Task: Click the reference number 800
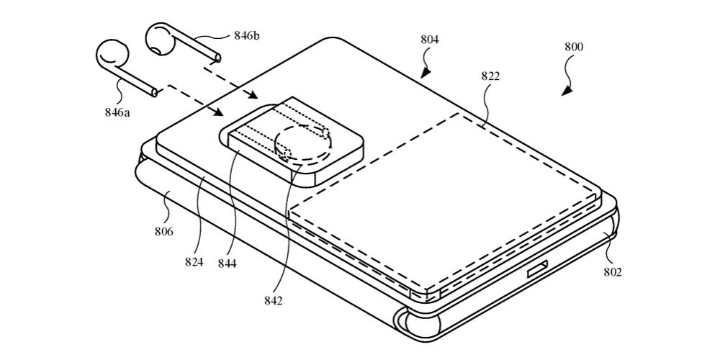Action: [x=574, y=47]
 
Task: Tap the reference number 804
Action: [x=430, y=40]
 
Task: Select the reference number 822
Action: [x=491, y=76]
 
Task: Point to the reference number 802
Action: [x=613, y=271]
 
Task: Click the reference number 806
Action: [x=163, y=232]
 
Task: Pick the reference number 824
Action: [x=193, y=263]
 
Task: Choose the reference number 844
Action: [x=228, y=264]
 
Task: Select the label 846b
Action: [x=249, y=34]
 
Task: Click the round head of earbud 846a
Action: [x=111, y=55]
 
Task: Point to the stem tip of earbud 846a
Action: [x=153, y=92]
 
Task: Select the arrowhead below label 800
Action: [x=567, y=91]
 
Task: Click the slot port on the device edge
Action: [x=539, y=271]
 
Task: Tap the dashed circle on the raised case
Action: [x=303, y=144]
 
